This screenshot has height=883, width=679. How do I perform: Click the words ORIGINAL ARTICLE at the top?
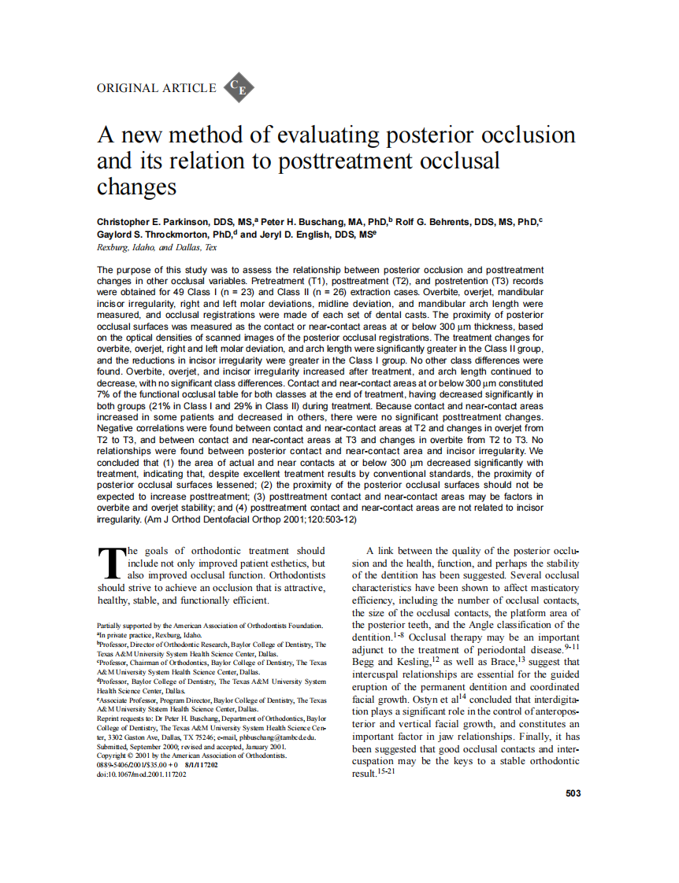point(156,88)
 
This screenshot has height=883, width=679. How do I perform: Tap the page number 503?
point(573,793)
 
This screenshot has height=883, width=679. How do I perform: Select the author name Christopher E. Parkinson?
point(163,224)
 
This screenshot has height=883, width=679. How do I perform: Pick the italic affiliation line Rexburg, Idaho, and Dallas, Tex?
point(156,246)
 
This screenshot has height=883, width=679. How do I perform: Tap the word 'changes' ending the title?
point(136,187)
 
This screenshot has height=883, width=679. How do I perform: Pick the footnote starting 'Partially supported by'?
point(210,625)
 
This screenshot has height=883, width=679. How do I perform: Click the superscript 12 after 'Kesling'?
point(434,659)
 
